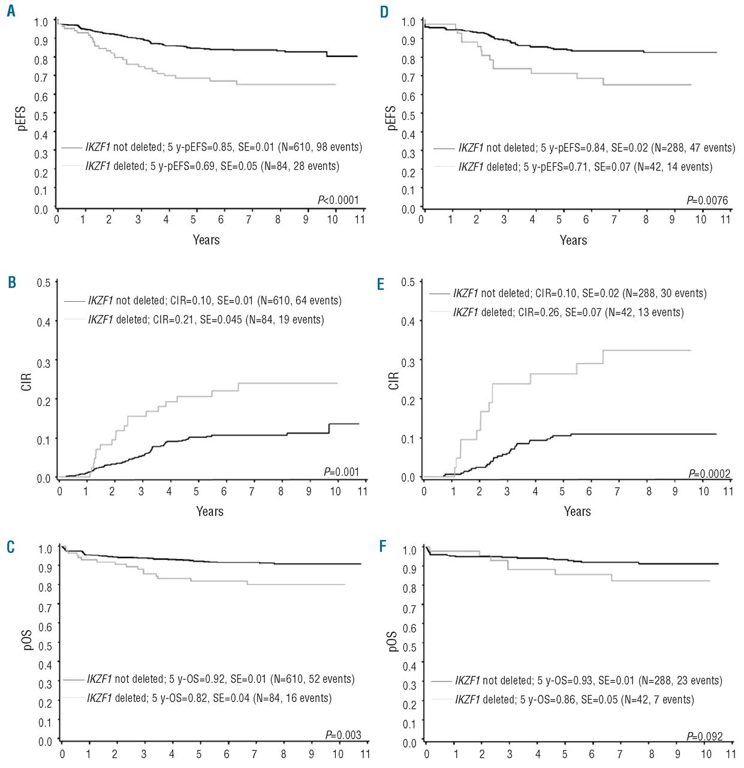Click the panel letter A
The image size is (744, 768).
[11, 11]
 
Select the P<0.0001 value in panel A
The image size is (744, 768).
[338, 200]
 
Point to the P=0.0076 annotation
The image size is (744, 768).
[707, 200]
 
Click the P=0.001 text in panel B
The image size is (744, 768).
[341, 472]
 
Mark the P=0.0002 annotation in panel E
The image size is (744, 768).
[709, 474]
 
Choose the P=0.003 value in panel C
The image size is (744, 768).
[343, 734]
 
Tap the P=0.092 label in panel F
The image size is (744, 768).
[704, 736]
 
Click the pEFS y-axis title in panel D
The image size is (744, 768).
[391, 118]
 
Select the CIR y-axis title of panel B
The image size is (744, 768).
[26, 382]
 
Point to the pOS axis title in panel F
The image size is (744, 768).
[392, 641]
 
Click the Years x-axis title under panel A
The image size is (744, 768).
[206, 240]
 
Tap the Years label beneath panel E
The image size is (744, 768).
[577, 511]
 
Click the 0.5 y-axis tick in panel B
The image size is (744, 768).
[44, 283]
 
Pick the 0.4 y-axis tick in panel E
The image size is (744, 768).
[408, 322]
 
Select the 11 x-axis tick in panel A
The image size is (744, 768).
[360, 220]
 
